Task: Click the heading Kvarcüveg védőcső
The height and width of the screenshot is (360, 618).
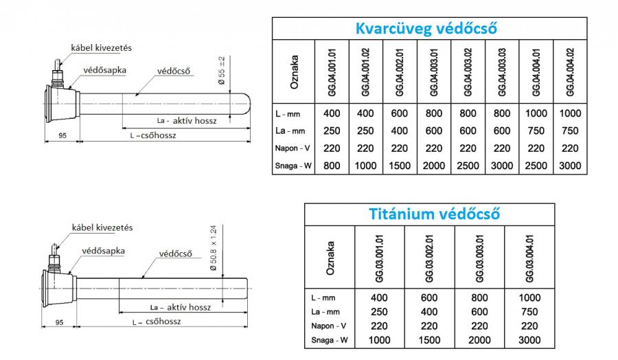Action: (x=426, y=29)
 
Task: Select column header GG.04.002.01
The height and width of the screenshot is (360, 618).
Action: (x=400, y=71)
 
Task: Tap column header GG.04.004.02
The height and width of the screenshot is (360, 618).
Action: (x=570, y=71)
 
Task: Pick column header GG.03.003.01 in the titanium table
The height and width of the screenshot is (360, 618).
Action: (x=479, y=258)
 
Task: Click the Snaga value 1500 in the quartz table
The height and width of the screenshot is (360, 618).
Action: (x=400, y=166)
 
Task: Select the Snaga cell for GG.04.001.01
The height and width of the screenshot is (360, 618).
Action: (x=332, y=166)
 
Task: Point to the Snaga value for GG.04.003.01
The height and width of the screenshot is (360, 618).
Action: (x=434, y=166)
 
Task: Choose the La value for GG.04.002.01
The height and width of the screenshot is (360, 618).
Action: (x=400, y=131)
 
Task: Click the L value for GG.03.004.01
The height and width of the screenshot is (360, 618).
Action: (x=529, y=298)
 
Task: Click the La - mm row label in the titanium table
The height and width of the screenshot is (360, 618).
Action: (x=323, y=312)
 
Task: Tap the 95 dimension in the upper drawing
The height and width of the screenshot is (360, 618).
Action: (x=62, y=135)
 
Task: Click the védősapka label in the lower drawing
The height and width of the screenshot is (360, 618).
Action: (x=103, y=251)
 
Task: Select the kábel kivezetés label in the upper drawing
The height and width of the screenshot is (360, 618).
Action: (x=102, y=47)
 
